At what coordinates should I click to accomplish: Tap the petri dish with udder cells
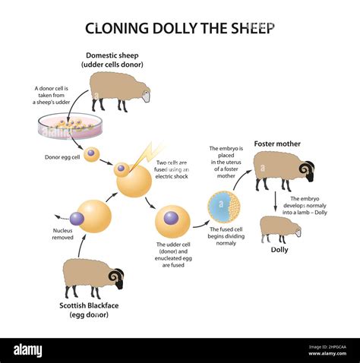[x=71, y=126]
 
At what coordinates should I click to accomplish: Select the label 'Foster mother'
[x=277, y=144]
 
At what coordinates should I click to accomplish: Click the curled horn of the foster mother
[x=305, y=169]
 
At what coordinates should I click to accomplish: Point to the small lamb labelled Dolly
[x=280, y=229]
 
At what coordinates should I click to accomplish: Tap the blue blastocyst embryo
[x=224, y=207]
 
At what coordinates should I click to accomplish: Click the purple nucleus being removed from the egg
[x=77, y=219]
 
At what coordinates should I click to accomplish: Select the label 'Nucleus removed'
[x=62, y=234]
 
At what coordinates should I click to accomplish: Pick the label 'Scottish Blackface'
[x=89, y=305]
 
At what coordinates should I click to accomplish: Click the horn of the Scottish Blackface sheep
[x=115, y=275]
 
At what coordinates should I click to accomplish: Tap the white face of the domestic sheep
[x=147, y=96]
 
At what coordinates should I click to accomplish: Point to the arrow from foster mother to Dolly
[x=275, y=201]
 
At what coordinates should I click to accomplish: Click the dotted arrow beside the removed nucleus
[x=62, y=217]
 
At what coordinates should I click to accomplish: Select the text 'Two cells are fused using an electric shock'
[x=172, y=169]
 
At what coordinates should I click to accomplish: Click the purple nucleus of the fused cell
[x=171, y=218]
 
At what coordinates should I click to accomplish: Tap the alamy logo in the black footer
[x=28, y=351]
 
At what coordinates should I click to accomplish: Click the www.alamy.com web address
[x=327, y=354]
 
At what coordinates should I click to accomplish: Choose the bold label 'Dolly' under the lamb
[x=279, y=250]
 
